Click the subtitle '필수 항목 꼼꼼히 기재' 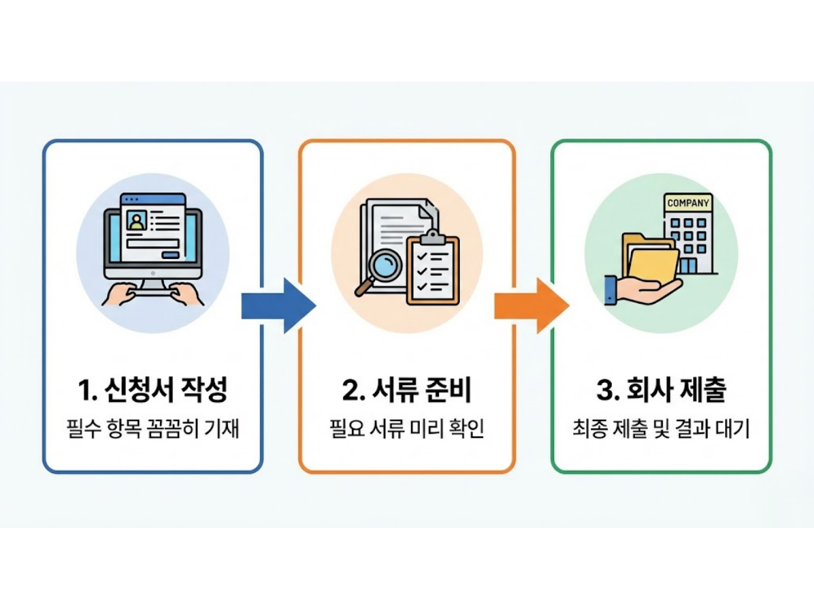(152, 429)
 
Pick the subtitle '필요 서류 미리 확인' (406, 429)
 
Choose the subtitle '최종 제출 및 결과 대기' (661, 429)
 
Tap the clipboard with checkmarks (433, 268)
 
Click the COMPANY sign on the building (689, 203)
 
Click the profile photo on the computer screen (138, 222)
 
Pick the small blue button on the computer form (170, 255)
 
